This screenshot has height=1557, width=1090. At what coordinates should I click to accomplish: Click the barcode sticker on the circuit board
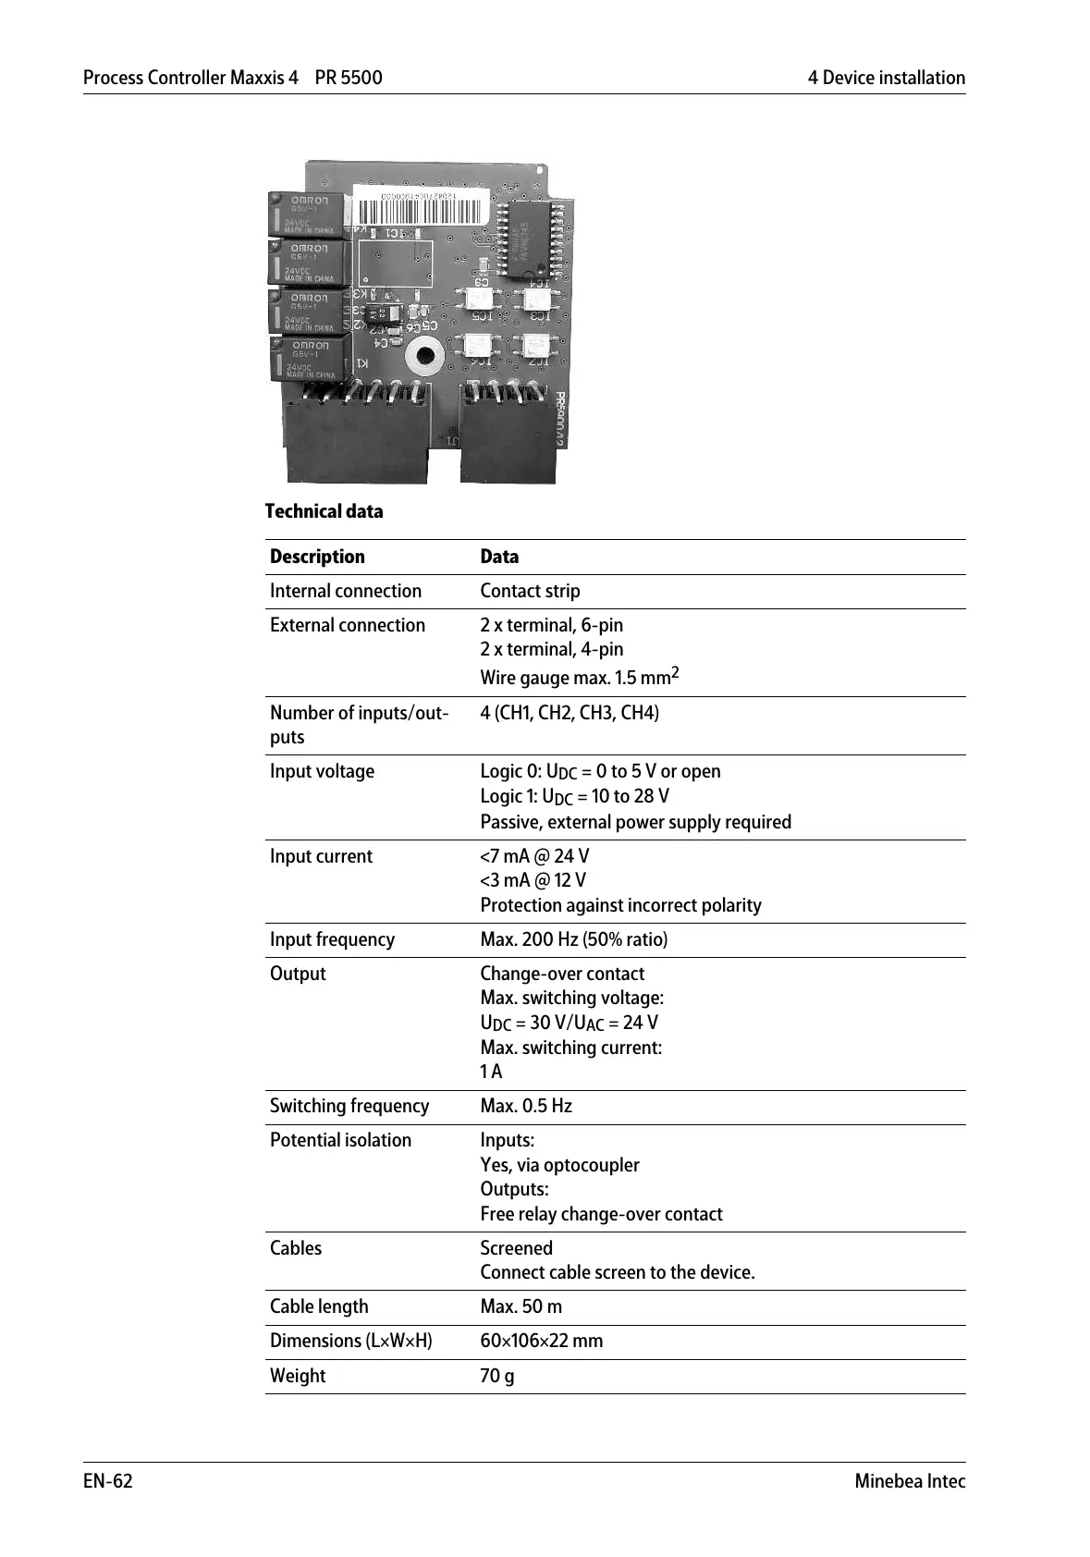434,208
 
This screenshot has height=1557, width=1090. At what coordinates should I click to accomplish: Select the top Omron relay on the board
307,214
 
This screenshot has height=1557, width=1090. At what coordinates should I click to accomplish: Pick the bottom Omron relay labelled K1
308,359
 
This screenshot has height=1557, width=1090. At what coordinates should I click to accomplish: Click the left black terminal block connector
357,438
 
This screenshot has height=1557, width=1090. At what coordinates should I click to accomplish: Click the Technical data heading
324,511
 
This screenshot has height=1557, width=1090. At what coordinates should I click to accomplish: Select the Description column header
317,557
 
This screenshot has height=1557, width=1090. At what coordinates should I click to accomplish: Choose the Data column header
499,557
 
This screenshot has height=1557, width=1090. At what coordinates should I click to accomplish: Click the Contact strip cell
530,591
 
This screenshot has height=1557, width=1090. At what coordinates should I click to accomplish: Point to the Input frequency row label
332,939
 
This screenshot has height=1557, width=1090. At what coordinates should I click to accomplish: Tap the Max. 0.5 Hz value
526,1106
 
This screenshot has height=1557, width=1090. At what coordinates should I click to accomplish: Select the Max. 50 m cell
521,1306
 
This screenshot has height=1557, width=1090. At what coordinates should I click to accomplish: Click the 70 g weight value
497,1376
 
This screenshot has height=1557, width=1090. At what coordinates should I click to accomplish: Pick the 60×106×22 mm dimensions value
541,1341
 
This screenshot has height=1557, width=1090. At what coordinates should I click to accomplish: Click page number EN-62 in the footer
108,1481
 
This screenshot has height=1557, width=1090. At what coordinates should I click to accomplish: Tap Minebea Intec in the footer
910,1481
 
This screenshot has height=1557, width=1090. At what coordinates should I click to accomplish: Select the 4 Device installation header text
886,78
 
